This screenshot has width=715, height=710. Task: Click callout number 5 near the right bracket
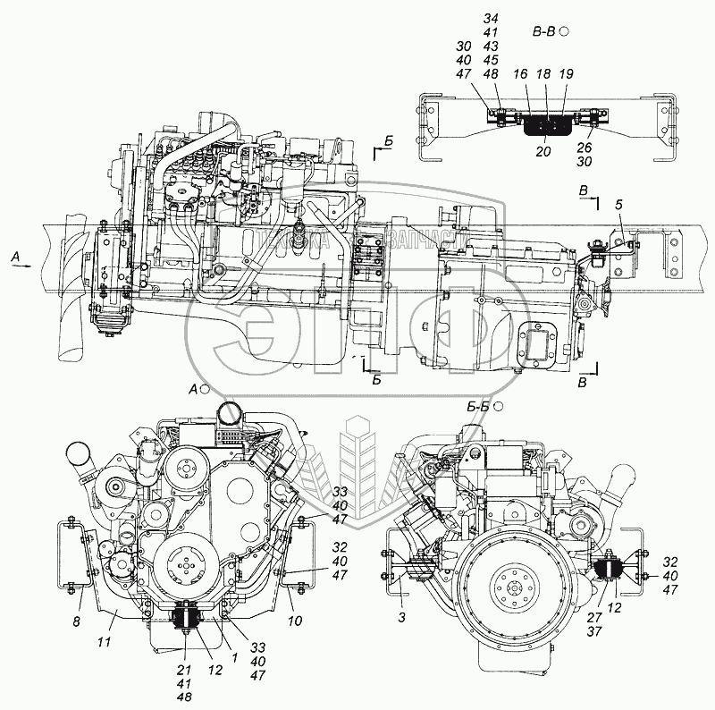(x=618, y=206)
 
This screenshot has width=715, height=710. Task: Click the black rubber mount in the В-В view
(x=544, y=126)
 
